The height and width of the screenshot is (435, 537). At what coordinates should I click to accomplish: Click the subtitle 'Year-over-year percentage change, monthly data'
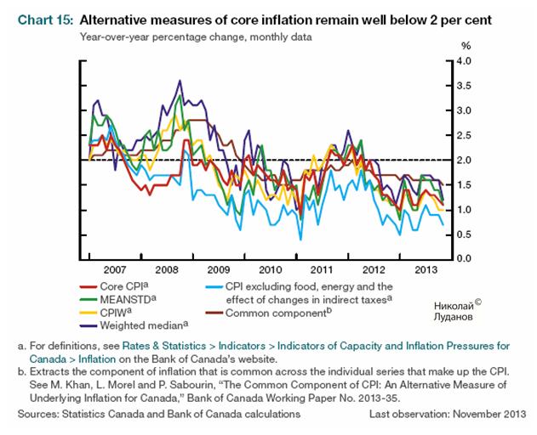184,37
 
